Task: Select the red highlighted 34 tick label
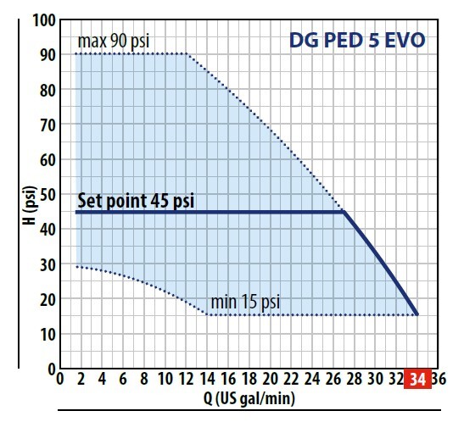click(x=416, y=380)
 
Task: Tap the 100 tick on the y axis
click(x=42, y=19)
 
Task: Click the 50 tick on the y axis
click(x=46, y=194)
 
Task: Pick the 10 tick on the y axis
click(x=46, y=334)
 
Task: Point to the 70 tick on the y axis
click(x=46, y=125)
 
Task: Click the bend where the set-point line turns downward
click(x=344, y=212)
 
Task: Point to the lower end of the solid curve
click(x=417, y=314)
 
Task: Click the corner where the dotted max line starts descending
click(x=186, y=54)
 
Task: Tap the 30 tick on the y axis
click(x=46, y=264)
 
